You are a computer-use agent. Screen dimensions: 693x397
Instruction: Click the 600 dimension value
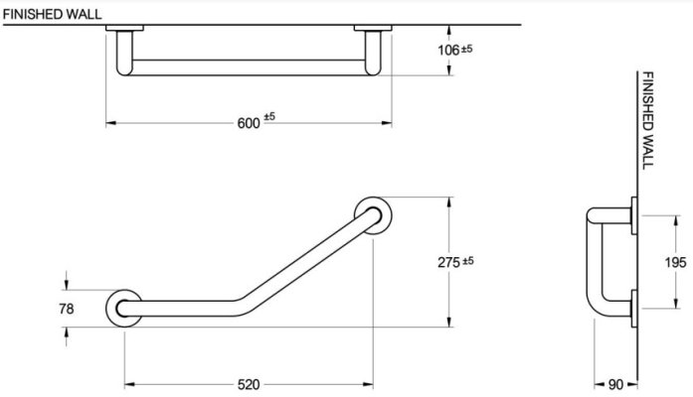249,123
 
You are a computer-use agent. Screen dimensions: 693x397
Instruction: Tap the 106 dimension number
448,51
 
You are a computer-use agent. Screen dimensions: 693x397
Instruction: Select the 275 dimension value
449,262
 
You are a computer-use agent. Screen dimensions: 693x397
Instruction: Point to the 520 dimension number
249,385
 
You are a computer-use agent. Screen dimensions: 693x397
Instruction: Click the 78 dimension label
67,309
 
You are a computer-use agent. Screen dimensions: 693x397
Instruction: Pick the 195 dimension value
675,262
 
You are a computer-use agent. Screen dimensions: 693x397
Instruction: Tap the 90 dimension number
615,385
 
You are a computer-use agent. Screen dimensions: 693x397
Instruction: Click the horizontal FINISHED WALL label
52,14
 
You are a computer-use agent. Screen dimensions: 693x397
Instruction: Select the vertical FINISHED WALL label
647,120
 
